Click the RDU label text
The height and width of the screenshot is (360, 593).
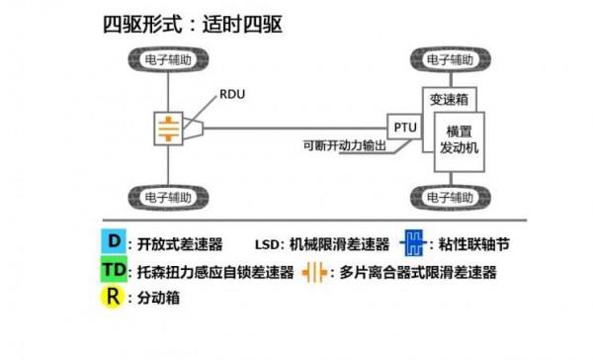(x=232, y=96)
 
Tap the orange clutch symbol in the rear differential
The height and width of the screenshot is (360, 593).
(x=169, y=127)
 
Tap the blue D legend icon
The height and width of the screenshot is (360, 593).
(x=116, y=241)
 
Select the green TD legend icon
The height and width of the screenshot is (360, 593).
(x=116, y=270)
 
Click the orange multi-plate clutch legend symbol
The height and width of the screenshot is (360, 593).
(x=316, y=271)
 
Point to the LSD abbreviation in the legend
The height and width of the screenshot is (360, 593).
(x=268, y=242)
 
